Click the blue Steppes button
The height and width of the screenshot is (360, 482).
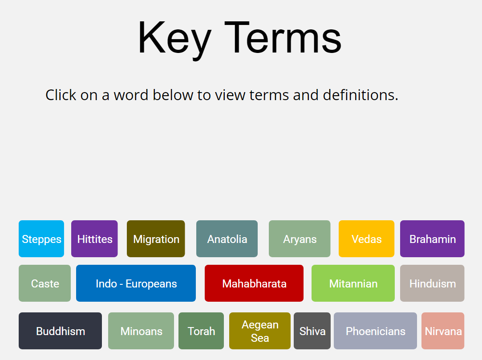point(41,239)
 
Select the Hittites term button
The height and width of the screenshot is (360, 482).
point(94,239)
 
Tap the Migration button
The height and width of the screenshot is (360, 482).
point(156,239)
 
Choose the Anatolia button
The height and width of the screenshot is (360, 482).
point(227,239)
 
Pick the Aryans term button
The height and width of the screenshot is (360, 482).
point(300,239)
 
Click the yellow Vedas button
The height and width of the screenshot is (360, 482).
point(366,239)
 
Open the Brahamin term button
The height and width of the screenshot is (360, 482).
point(432,239)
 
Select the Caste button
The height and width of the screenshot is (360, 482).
point(45,283)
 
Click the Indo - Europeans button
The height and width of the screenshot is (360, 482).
point(136,283)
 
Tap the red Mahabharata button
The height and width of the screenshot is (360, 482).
point(254,283)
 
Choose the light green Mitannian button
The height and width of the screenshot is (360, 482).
point(353,283)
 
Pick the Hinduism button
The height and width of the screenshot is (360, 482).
point(432,283)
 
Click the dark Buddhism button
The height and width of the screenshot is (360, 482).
point(60,331)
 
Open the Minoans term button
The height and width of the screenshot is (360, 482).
point(141,331)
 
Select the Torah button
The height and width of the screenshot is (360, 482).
point(201,331)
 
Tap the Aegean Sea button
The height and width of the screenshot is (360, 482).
point(260,331)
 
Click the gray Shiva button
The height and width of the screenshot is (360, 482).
point(312,331)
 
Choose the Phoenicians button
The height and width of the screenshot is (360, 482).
point(375,331)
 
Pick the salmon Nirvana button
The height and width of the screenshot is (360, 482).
point(443,331)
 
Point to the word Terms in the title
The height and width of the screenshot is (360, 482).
point(283,38)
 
